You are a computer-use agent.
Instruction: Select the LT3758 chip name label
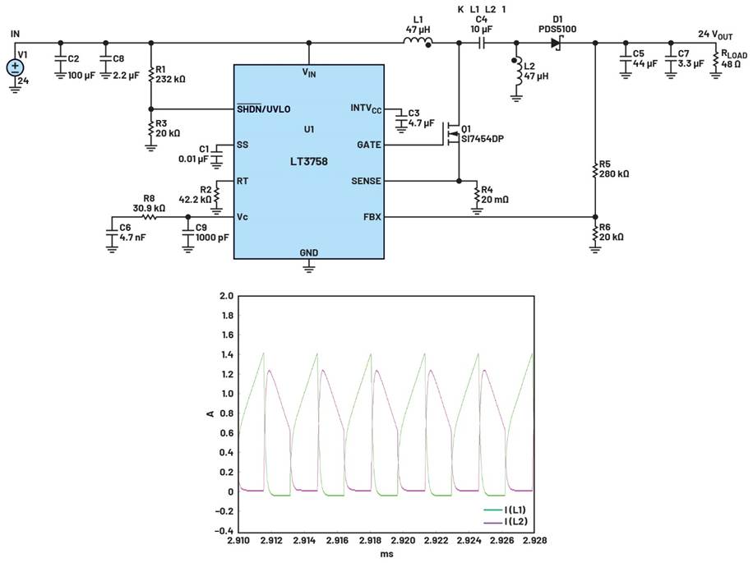(x=309, y=162)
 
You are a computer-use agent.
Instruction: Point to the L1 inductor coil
(x=418, y=42)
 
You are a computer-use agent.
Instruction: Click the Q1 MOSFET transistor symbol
(x=452, y=132)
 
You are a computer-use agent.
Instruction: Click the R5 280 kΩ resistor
(x=594, y=173)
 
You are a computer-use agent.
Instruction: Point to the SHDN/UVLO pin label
(x=263, y=108)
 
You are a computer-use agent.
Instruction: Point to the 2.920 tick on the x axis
(x=403, y=542)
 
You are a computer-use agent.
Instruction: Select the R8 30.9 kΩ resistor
(x=150, y=218)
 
